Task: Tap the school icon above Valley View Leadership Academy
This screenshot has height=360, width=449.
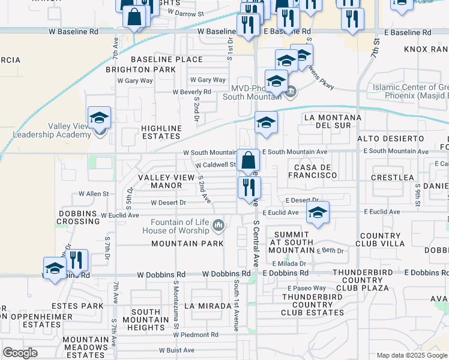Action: (x=100, y=118)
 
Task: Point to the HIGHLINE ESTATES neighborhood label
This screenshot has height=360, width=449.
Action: (x=161, y=133)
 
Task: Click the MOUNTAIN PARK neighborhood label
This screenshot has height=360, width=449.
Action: (x=187, y=244)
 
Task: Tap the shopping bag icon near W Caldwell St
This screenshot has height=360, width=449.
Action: (x=248, y=161)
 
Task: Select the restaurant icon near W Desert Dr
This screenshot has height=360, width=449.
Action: (x=248, y=188)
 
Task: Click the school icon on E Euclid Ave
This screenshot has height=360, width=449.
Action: (x=318, y=212)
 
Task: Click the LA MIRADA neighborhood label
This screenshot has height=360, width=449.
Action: (x=208, y=306)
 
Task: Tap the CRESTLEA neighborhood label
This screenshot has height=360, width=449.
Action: (x=393, y=178)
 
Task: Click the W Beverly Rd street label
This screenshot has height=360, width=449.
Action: (x=192, y=92)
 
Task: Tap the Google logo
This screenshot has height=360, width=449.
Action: (x=20, y=353)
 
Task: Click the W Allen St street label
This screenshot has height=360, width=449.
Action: (x=94, y=194)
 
